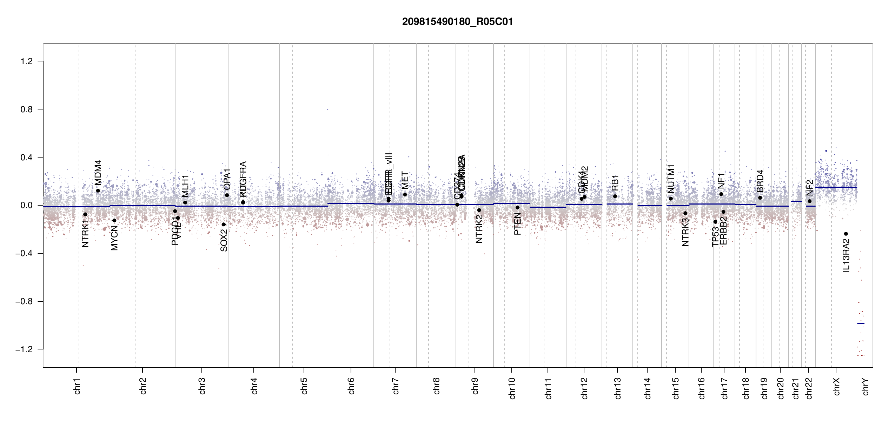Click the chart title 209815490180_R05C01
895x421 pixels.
pyautogui.click(x=457, y=22)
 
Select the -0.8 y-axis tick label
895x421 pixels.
pyautogui.click(x=24, y=301)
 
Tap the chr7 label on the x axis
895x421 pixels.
pyautogui.click(x=396, y=386)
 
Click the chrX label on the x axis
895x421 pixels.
pyautogui.click(x=836, y=386)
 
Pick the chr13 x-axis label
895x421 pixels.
pyautogui.click(x=617, y=388)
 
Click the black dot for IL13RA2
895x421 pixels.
pyautogui.click(x=846, y=234)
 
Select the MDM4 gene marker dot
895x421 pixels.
pyautogui.click(x=98, y=191)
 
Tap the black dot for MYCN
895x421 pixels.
pyautogui.click(x=114, y=220)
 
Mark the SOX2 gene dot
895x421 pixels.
pyautogui.click(x=224, y=225)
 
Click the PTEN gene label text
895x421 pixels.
pyautogui.click(x=517, y=224)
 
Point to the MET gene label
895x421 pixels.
pyautogui.click(x=405, y=180)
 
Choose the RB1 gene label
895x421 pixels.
pyautogui.click(x=615, y=183)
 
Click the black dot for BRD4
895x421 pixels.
pyautogui.click(x=760, y=198)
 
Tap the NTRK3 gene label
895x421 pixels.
pyautogui.click(x=685, y=232)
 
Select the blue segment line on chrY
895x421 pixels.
pyautogui.click(x=861, y=323)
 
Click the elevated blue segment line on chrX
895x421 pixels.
pyautogui.click(x=836, y=187)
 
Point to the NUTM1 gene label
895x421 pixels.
pyautogui.click(x=671, y=179)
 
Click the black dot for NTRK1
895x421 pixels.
pyautogui.click(x=85, y=214)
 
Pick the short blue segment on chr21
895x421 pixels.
pyautogui.click(x=796, y=201)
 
